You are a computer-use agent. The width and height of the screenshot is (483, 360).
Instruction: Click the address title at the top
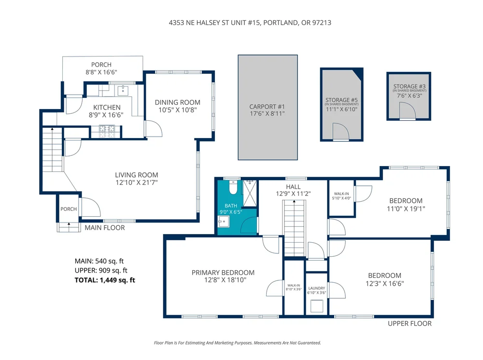point(241,22)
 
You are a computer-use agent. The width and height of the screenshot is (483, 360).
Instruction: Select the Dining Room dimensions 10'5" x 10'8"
point(177,110)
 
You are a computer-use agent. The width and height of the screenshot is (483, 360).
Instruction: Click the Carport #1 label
point(267,107)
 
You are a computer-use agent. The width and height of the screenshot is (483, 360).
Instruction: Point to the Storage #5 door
point(340,132)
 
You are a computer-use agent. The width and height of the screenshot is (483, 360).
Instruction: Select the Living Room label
point(136,175)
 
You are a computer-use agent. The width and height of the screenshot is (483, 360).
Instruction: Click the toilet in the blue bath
point(232,186)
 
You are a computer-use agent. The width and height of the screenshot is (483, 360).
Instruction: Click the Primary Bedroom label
point(223,273)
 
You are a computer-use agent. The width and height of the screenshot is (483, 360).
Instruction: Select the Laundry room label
point(316,288)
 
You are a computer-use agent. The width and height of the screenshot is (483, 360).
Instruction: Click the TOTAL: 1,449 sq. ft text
point(105,280)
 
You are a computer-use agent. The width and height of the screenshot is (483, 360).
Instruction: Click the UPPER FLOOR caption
point(410,323)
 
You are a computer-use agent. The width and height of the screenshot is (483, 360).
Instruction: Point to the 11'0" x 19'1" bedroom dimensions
point(406,209)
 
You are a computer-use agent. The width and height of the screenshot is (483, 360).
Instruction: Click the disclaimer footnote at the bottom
point(237,343)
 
